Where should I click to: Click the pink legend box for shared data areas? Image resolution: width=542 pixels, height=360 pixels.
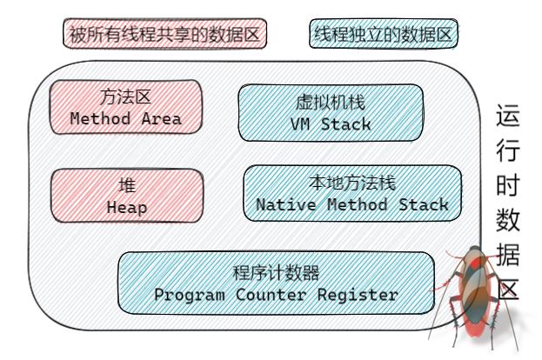click(164, 35)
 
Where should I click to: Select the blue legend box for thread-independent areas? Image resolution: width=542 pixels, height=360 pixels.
click(384, 35)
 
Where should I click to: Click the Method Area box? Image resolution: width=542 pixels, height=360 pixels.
click(125, 108)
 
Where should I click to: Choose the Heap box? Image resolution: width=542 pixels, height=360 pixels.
click(126, 196)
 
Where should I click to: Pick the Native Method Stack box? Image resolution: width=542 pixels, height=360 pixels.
click(351, 194)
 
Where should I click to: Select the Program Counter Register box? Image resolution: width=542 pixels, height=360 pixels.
click(276, 283)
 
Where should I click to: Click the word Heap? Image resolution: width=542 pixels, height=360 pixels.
click(126, 207)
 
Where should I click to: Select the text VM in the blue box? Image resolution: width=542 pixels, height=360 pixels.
click(300, 124)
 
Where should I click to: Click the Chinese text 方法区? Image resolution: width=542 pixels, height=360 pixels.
click(125, 97)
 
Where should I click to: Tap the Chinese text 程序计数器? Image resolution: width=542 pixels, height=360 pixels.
click(276, 271)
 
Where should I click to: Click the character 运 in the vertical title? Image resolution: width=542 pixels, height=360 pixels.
click(509, 116)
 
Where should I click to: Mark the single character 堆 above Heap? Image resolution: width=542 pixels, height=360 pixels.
click(126, 185)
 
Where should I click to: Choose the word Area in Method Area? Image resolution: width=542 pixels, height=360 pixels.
click(161, 119)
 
